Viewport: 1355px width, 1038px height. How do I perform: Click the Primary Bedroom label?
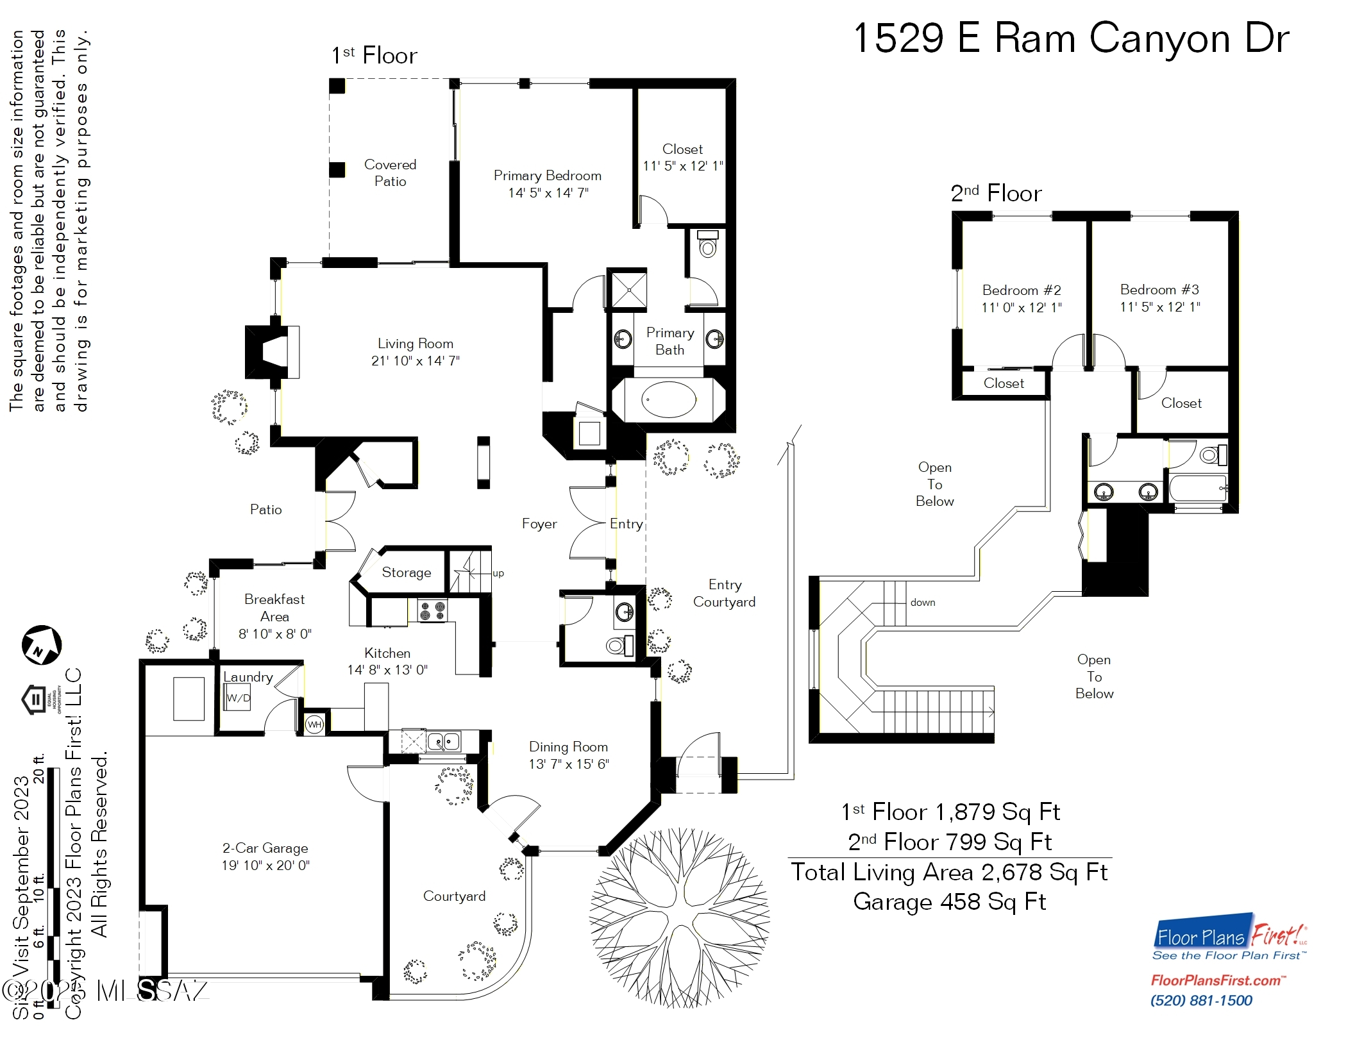pyautogui.click(x=547, y=176)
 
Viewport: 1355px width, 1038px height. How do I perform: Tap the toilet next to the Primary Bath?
pyautogui.click(x=707, y=245)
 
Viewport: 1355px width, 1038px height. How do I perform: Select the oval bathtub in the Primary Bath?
pyautogui.click(x=668, y=400)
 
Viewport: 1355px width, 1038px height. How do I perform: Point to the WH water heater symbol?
pyautogui.click(x=314, y=724)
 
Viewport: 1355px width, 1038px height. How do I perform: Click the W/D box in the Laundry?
pyautogui.click(x=238, y=698)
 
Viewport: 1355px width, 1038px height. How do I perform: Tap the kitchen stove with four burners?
pyautogui.click(x=432, y=611)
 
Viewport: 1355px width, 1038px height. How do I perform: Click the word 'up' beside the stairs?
pyautogui.click(x=498, y=573)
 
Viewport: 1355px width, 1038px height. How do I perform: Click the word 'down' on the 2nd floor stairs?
pyautogui.click(x=922, y=603)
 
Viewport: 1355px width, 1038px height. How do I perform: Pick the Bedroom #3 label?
pyautogui.click(x=1159, y=290)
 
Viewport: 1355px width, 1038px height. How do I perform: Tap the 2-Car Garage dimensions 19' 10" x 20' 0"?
pyautogui.click(x=265, y=866)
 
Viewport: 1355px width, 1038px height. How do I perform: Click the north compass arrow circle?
pyautogui.click(x=42, y=645)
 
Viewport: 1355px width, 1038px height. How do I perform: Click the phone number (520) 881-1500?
pyautogui.click(x=1201, y=1001)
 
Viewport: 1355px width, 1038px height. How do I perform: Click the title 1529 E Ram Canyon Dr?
pyautogui.click(x=1071, y=38)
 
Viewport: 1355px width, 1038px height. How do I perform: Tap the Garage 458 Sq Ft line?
pyautogui.click(x=949, y=902)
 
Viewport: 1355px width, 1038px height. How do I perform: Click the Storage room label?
pyautogui.click(x=407, y=573)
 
